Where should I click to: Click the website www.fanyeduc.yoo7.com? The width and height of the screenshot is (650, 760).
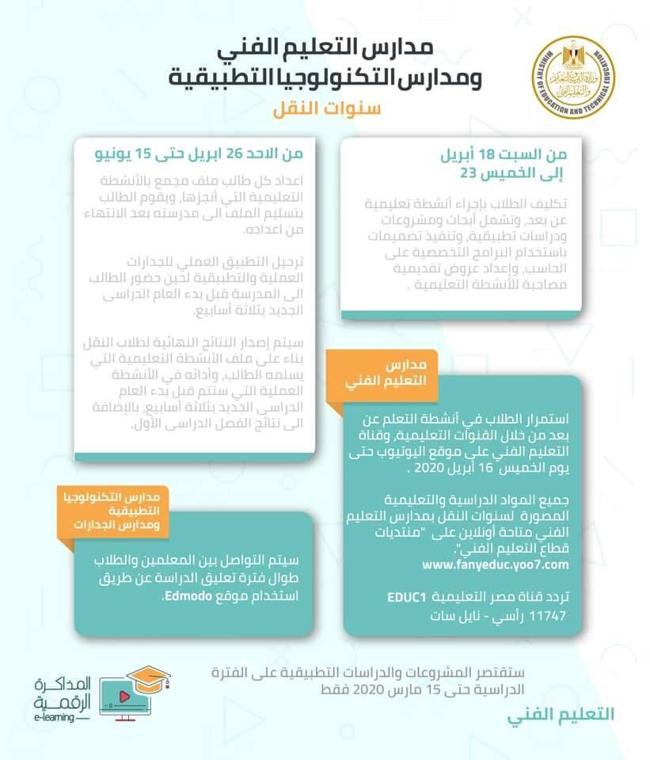(496, 564)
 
